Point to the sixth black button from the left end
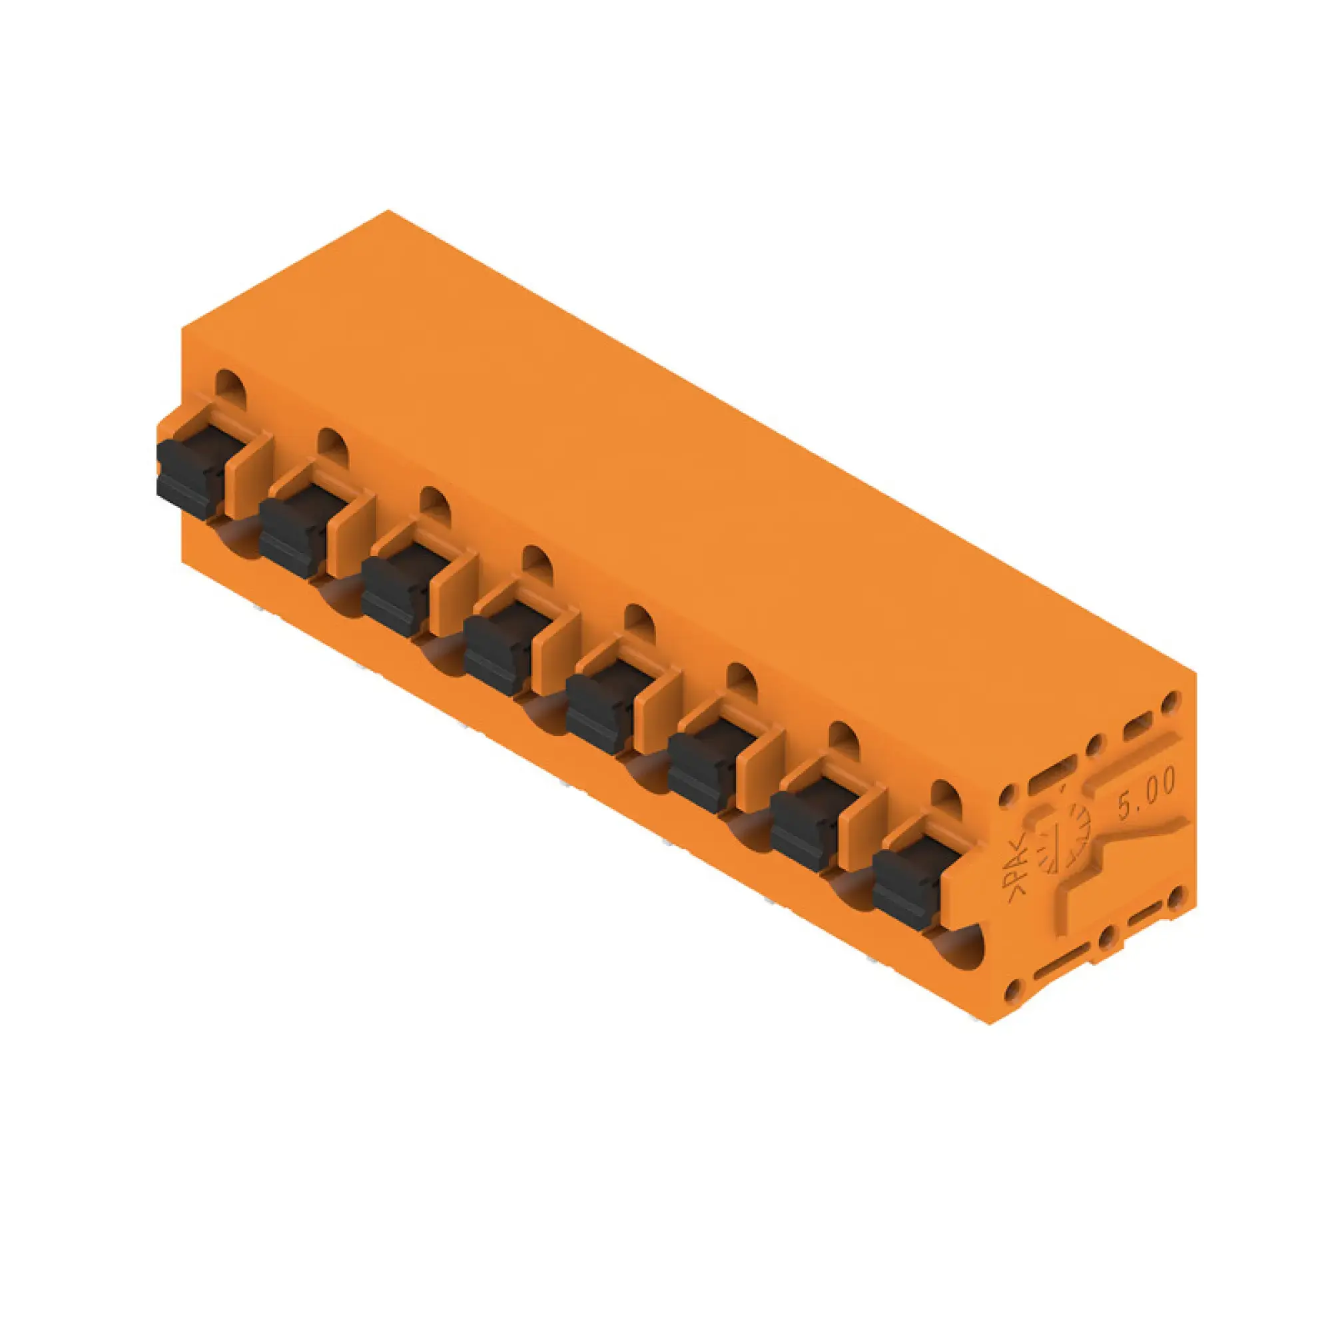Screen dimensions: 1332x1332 (700, 771)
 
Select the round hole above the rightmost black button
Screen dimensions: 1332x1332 (947, 795)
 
